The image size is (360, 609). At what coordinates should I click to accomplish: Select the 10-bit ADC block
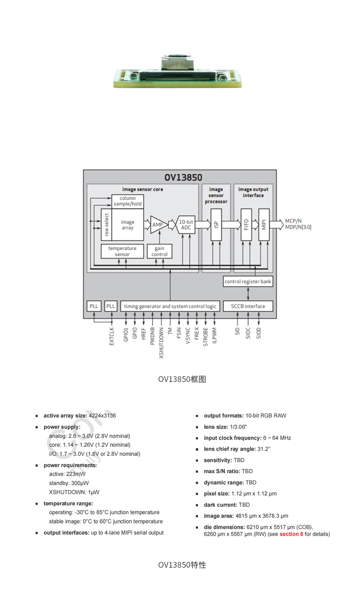coord(186,225)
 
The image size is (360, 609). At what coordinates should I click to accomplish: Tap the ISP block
coord(216,225)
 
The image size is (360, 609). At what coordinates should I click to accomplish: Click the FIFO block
coord(246,225)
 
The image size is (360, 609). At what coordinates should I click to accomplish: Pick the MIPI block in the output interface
coord(264,225)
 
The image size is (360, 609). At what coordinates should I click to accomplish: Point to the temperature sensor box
coord(122,251)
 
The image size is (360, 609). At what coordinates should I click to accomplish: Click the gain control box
coord(159,251)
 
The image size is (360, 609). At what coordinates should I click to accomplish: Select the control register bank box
coord(248,282)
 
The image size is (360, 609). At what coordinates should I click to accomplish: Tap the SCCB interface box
coord(248,306)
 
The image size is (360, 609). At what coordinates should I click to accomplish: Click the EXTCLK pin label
coord(112,336)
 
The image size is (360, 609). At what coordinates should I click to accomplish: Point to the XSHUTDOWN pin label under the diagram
coord(162,343)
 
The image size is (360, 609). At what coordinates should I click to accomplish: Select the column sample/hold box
coord(128,201)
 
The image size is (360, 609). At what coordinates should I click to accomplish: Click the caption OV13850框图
coord(182,379)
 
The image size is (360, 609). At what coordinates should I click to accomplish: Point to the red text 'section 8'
coord(291,534)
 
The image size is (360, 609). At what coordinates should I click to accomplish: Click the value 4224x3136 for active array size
coord(102,416)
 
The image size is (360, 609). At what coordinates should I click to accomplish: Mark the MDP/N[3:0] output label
coord(298,227)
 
